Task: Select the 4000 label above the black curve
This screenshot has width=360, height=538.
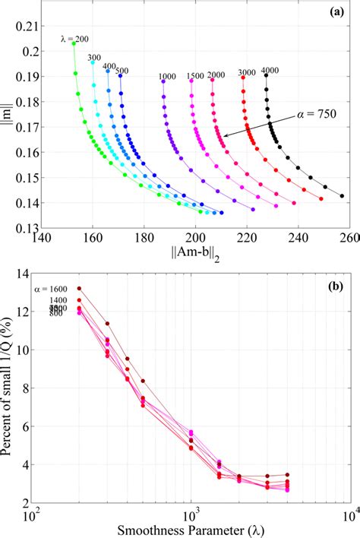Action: pos(270,71)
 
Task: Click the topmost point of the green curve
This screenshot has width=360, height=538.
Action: pos(74,44)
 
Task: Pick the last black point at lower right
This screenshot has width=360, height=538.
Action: pos(342,196)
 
